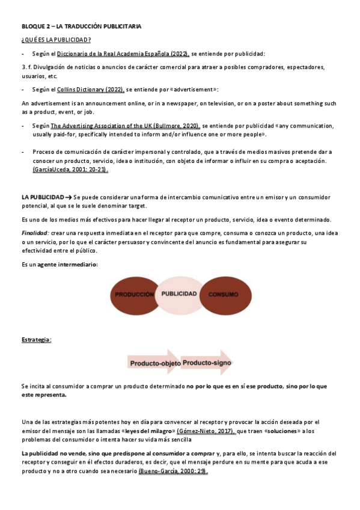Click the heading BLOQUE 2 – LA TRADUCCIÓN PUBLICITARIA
tap(81, 27)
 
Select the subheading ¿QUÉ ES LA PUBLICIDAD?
tap(56, 40)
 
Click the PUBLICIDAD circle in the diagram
tap(178, 293)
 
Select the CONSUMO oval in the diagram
tap(223, 295)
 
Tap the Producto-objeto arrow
tap(154, 363)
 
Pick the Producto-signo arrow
tap(207, 363)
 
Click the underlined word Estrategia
tap(36, 340)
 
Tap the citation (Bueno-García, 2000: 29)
tap(173, 472)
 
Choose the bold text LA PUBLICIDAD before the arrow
tap(42, 197)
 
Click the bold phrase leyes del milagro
tap(150, 431)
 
